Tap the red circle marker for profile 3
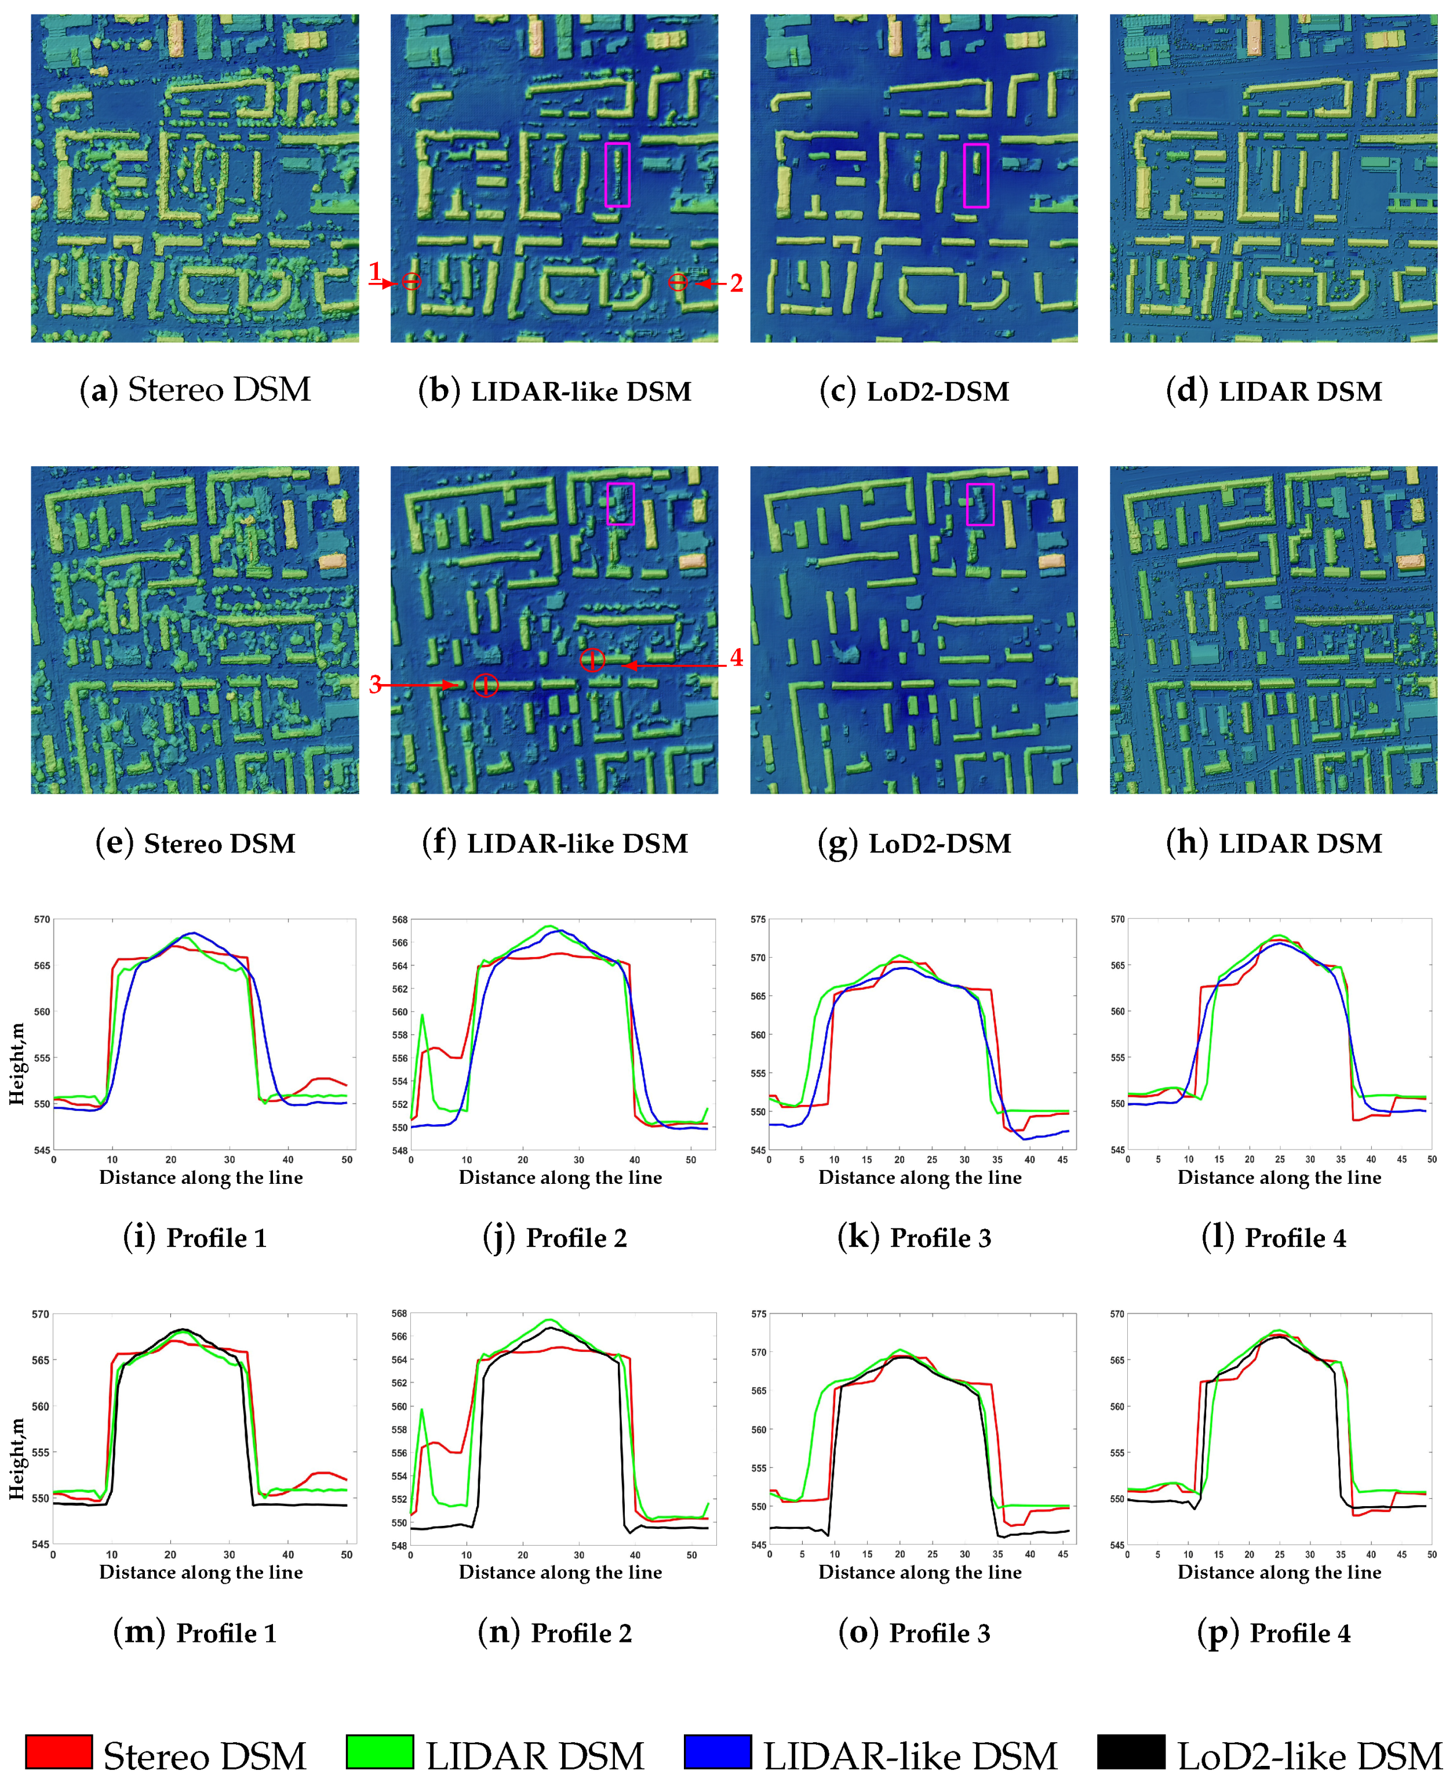point(486,685)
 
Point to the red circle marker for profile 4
point(592,660)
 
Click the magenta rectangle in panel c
point(976,175)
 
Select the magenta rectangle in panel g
point(980,504)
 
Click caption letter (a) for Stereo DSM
point(98,391)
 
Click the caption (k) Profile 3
point(914,1237)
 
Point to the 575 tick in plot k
point(758,919)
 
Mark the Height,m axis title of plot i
point(17,1063)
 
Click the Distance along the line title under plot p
point(1279,1572)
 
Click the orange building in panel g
point(1054,561)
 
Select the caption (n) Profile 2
point(554,1632)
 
